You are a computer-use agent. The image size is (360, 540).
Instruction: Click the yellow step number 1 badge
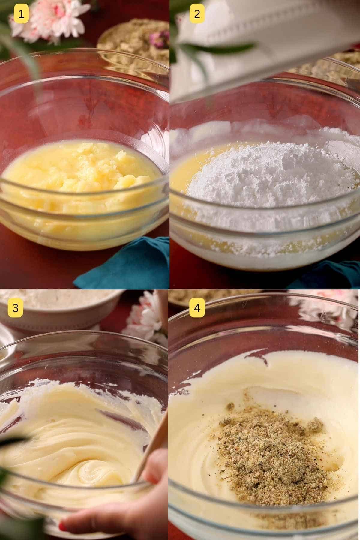(21, 14)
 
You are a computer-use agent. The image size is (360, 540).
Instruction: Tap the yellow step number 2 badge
(197, 14)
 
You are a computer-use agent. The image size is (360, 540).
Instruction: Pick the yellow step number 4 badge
(197, 307)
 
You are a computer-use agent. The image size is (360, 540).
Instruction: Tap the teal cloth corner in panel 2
(330, 276)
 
